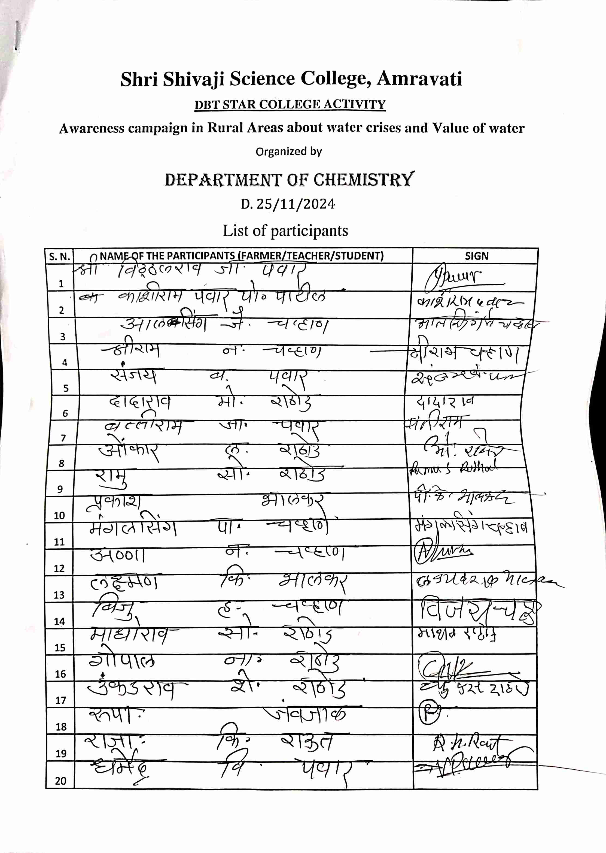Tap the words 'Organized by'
click(288, 152)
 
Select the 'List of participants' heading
click(285, 231)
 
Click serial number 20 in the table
click(61, 781)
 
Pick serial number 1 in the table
click(61, 284)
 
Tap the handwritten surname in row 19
click(306, 743)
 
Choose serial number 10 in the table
click(60, 516)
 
